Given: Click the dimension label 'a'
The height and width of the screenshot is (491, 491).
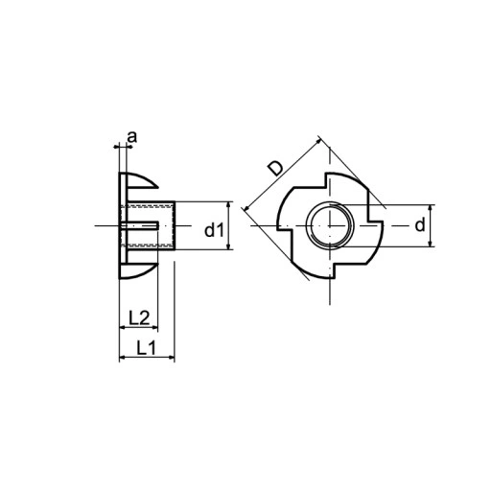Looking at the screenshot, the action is pos(131,137).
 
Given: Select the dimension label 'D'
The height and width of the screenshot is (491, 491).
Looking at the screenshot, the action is pos(276,168).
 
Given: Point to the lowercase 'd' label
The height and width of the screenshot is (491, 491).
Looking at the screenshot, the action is pos(420,225).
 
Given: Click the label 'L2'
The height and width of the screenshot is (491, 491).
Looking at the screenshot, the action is pos(139,317).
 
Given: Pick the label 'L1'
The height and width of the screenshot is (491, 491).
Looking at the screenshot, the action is pos(147,347).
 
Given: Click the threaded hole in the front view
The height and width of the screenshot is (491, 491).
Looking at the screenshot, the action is pos(330,225).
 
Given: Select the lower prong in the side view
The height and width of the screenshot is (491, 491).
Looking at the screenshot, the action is pos(139,270).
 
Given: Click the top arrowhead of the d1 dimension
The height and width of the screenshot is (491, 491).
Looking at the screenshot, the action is pos(228,205).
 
